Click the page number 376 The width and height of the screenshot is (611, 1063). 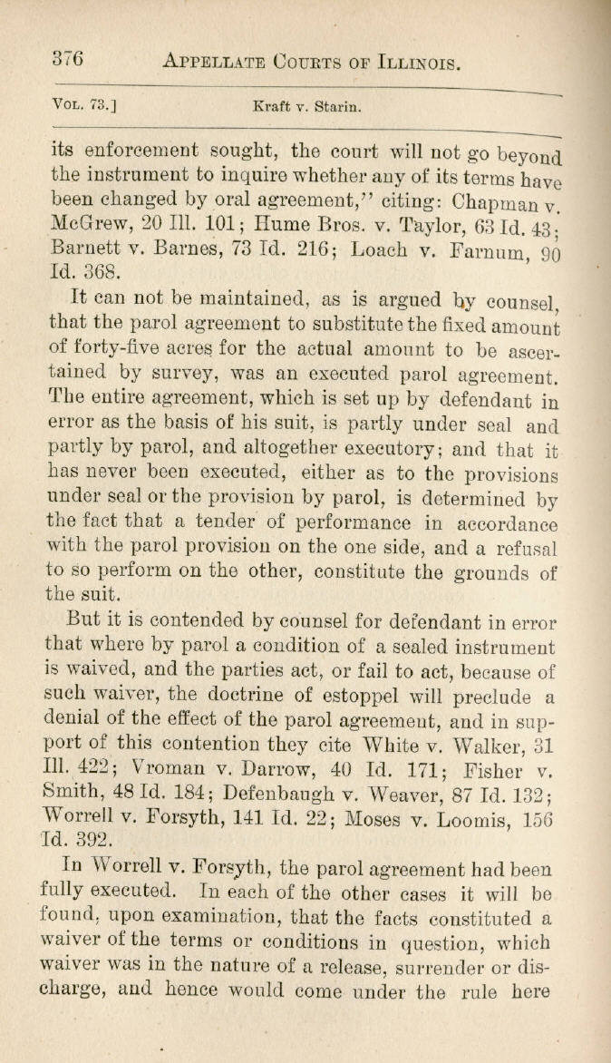point(66,60)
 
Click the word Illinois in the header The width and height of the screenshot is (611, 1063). point(418,63)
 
